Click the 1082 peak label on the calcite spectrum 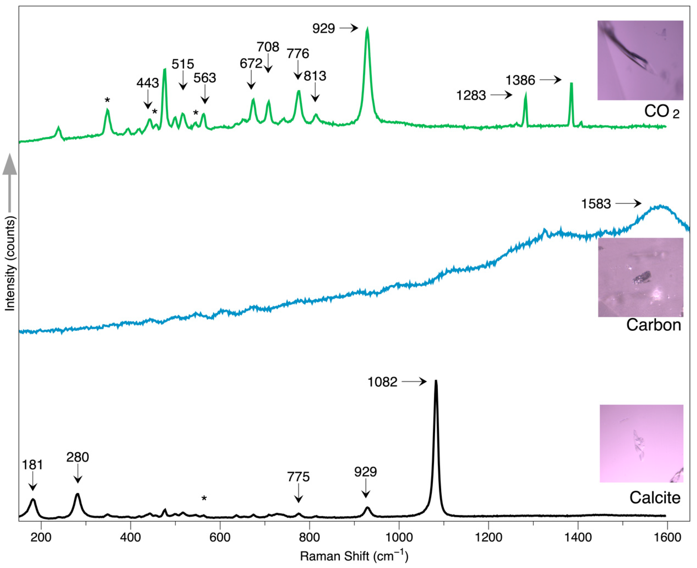[x=382, y=382]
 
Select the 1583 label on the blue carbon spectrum [x=596, y=204]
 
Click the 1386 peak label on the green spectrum [x=520, y=80]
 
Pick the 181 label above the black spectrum [x=32, y=465]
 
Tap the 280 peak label [x=78, y=457]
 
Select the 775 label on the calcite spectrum [x=298, y=477]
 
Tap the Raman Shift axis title [x=354, y=556]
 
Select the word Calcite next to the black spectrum [x=655, y=498]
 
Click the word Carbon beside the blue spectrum [x=653, y=325]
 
